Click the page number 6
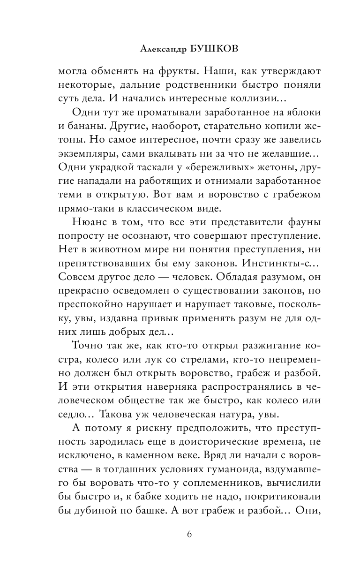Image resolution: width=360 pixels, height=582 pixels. (189, 535)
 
